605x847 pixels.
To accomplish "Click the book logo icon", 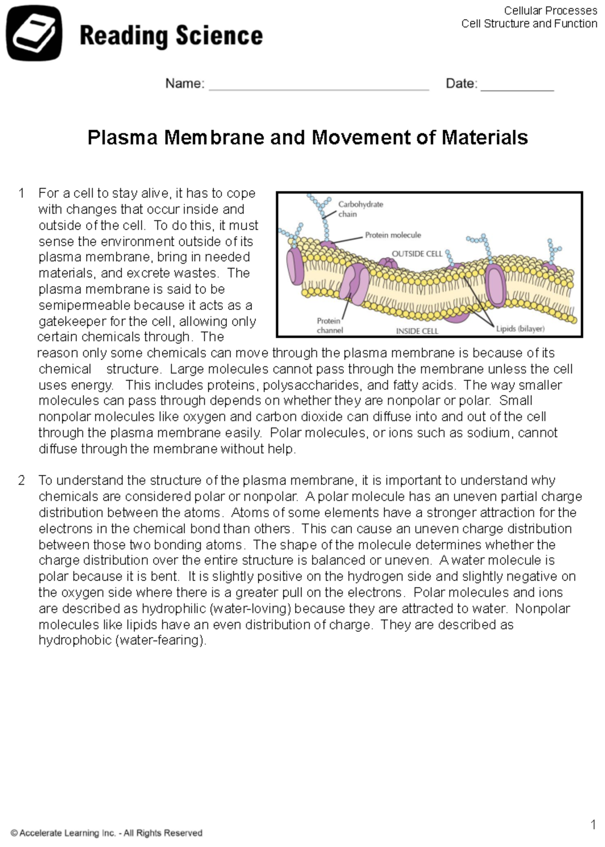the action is point(34,34).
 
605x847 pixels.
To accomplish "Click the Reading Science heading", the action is point(171,36).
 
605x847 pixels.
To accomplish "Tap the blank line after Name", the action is point(319,86).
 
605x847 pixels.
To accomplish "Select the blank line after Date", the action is point(517,86).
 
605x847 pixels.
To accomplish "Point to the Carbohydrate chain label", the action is point(360,209).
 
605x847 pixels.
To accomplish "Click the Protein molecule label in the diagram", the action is point(393,235).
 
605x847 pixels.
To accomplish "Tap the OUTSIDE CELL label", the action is point(416,254).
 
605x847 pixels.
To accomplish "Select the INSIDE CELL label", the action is point(417,331).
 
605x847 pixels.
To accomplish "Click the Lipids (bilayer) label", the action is point(520,329).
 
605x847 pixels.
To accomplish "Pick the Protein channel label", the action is point(329,325).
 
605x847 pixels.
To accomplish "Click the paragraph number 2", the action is point(21,480).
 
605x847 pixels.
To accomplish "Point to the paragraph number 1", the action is point(21,193).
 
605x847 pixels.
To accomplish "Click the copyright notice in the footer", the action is point(106,833).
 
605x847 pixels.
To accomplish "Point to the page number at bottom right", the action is point(593,825).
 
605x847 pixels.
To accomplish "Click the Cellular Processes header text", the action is point(550,11).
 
